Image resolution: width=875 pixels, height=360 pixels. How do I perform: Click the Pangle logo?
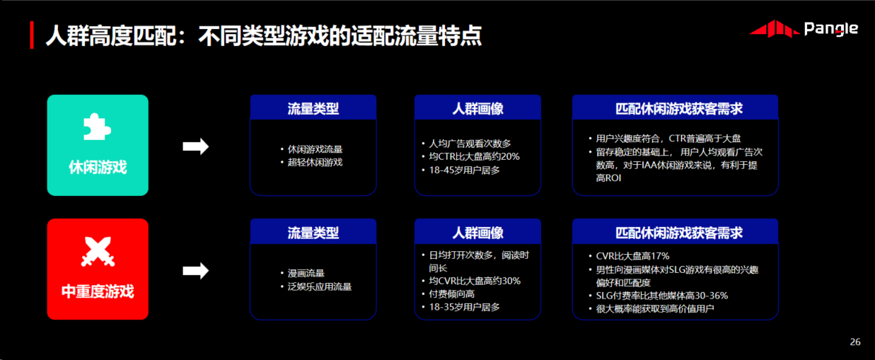point(804,29)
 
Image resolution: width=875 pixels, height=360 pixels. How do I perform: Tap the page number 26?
point(855,342)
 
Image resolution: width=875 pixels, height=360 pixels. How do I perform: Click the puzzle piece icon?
point(98,127)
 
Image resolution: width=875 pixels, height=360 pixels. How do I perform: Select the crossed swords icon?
point(98,252)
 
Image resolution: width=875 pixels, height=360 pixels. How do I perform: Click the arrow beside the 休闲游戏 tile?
point(196,146)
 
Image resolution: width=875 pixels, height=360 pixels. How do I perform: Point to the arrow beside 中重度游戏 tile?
point(196,271)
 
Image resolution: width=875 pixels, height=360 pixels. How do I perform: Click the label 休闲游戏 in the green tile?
point(98,167)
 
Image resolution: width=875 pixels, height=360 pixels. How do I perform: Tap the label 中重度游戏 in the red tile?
point(98,291)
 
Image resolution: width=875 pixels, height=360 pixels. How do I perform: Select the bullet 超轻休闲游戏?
point(315,162)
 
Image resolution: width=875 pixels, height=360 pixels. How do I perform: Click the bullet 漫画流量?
point(306,273)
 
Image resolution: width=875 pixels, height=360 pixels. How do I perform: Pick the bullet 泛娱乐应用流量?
point(320,286)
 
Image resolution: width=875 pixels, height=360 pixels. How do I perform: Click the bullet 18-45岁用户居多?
point(464,170)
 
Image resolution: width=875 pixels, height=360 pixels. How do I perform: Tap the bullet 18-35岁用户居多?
point(464,307)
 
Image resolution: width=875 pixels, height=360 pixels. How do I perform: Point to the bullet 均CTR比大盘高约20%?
point(474,156)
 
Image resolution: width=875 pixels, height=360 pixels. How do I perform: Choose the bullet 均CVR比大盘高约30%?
point(475,281)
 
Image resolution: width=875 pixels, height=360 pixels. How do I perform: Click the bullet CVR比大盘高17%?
point(632,256)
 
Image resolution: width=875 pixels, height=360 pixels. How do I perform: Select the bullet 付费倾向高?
point(451,294)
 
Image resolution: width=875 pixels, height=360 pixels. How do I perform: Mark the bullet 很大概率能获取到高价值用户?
point(655,309)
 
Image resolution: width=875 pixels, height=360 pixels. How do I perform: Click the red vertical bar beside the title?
point(32,35)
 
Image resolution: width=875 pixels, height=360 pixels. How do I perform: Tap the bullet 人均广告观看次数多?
point(470,144)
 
